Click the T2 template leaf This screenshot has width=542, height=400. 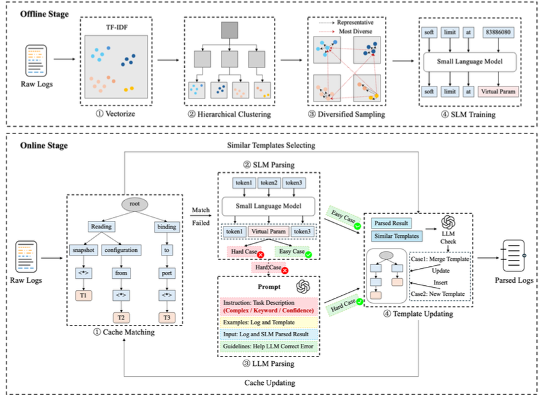pyautogui.click(x=121, y=316)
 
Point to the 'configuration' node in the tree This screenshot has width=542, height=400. pyautogui.click(x=121, y=250)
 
